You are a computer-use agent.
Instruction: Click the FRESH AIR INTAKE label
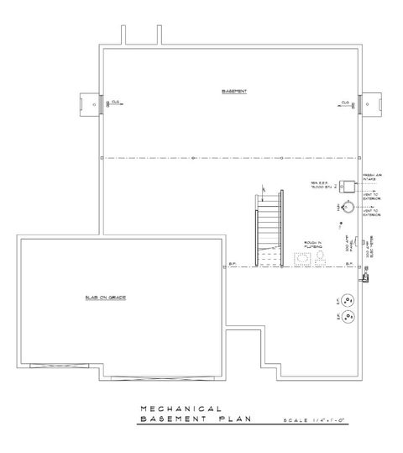(373, 177)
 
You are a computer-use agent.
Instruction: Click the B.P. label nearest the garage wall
(233, 265)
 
